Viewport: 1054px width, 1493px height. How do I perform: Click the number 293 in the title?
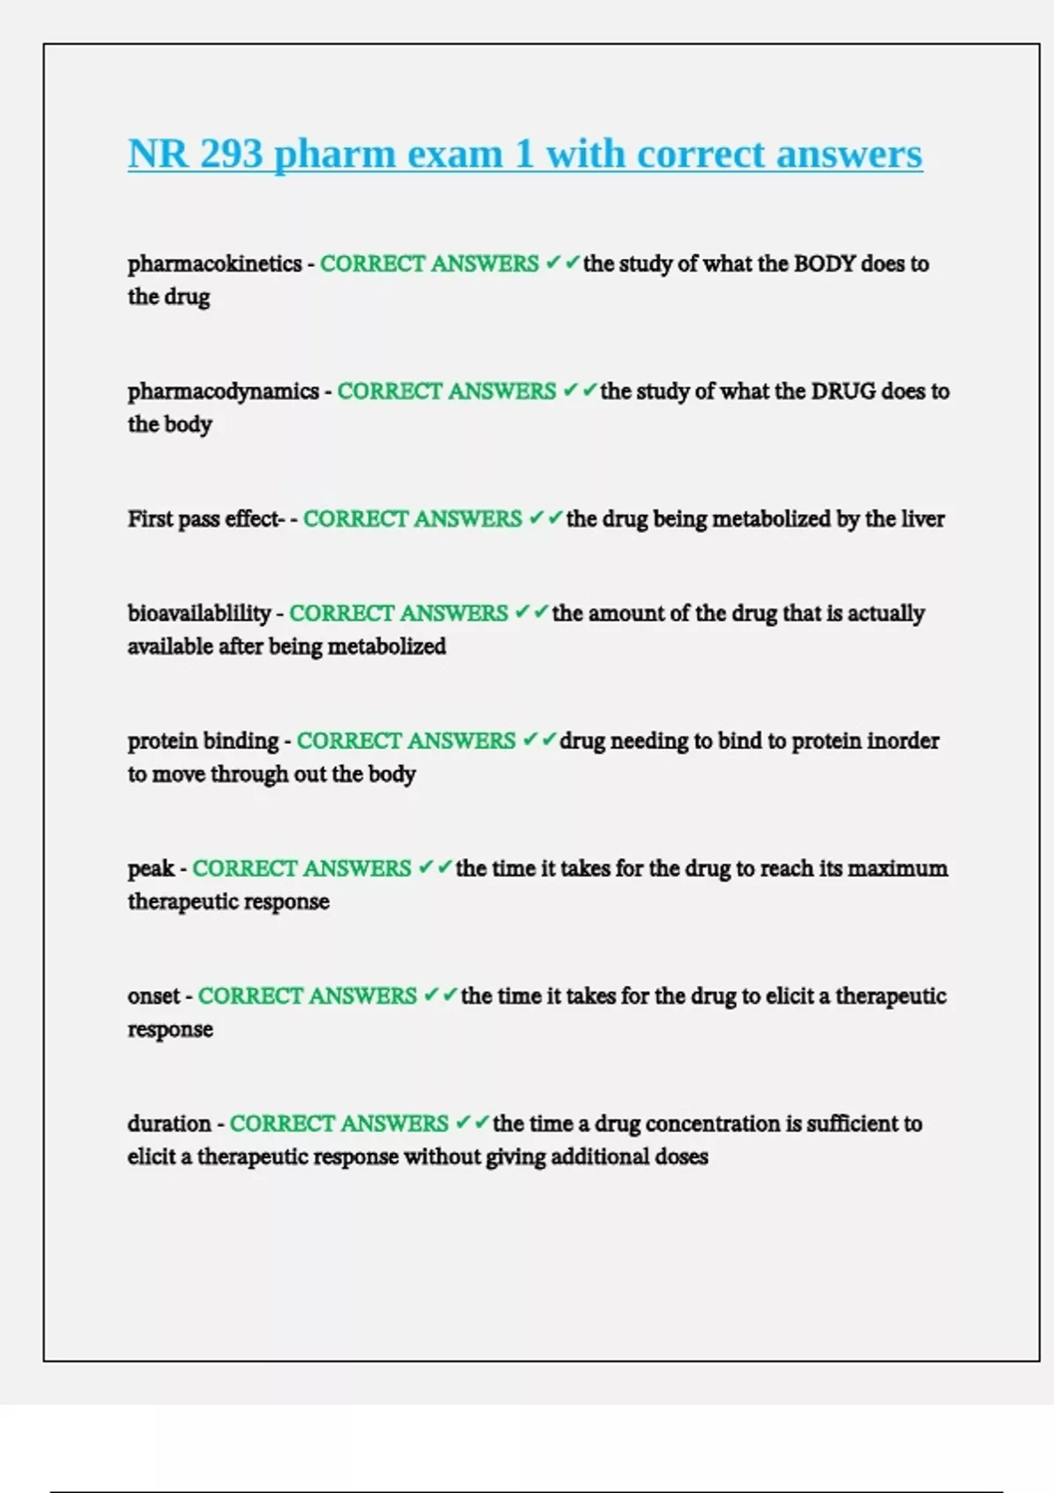pos(231,154)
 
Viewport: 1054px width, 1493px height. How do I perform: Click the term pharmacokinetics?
pos(214,263)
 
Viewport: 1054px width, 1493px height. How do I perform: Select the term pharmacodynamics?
pos(223,391)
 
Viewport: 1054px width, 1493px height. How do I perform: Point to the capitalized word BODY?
pos(824,263)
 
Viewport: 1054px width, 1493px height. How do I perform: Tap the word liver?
pos(922,519)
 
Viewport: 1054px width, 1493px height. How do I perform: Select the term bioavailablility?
pos(199,613)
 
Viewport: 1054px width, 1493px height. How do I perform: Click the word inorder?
pos(903,741)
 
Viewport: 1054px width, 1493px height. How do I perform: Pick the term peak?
pos(151,869)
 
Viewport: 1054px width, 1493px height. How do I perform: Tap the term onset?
pos(154,996)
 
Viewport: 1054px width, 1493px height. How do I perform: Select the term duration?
pos(170,1124)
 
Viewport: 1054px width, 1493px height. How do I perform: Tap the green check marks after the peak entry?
pos(435,868)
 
